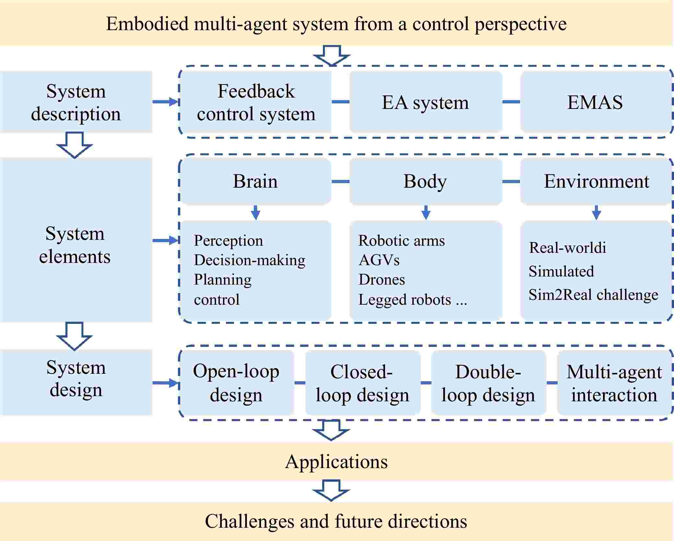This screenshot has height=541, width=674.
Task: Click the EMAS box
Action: pos(595,102)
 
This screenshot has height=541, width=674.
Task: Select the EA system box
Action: pos(425,102)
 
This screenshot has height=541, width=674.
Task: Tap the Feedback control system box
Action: pos(256,102)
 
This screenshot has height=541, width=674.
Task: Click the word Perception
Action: pos(228,241)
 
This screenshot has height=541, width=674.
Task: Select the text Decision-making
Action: pos(249,260)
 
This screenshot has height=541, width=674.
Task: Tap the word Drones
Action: pos(382,279)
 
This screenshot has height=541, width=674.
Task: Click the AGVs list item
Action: pos(379,260)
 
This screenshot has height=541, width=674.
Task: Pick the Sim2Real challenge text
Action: pos(593,295)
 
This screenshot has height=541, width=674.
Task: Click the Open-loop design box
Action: pos(236,382)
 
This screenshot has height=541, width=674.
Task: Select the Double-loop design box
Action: pos(488,382)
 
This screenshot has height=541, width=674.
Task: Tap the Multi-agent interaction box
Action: pos(614,382)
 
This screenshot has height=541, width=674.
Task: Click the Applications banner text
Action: pos(336,461)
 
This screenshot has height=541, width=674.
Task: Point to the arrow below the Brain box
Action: pos(255,212)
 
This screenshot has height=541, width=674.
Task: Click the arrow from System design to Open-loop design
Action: pos(166,383)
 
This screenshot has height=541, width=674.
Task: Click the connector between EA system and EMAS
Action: pos(511,102)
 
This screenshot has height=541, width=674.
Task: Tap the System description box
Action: pos(76,102)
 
